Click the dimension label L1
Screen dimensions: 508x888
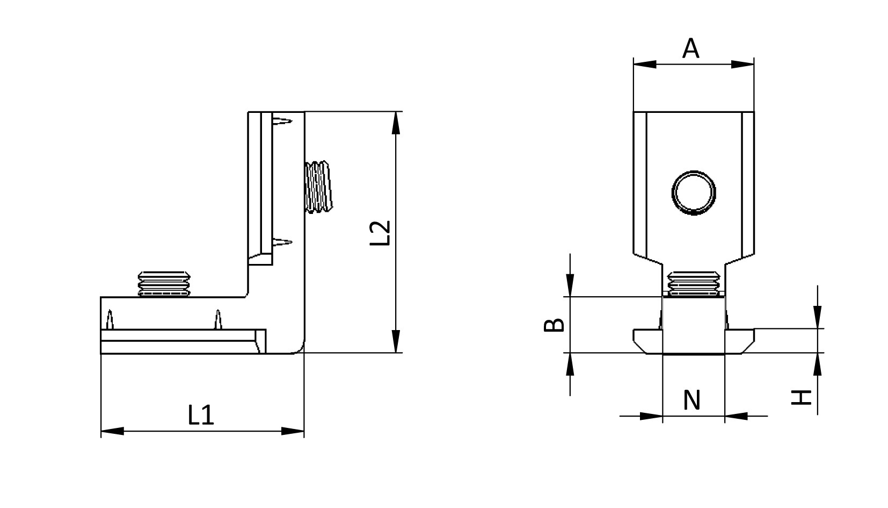pos(201,416)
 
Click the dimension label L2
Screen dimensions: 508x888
pos(380,233)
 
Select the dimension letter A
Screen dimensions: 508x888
pos(691,49)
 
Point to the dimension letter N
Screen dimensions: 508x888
pos(692,400)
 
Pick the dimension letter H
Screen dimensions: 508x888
pos(802,398)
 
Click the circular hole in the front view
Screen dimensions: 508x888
pos(694,193)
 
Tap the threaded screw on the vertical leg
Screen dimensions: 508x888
pos(318,187)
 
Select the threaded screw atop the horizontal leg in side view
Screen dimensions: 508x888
pos(164,283)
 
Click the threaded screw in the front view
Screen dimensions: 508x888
pos(694,283)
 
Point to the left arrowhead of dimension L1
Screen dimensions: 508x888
pos(112,431)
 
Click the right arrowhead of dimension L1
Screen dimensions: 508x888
pos(293,431)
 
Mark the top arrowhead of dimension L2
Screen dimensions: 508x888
pos(396,123)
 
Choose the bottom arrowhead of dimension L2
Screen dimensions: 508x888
pos(396,341)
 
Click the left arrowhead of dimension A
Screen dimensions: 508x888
pos(645,65)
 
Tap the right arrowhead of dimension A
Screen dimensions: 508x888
pos(743,65)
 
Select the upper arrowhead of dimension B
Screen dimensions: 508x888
pos(570,285)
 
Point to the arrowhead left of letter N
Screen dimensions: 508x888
pos(651,416)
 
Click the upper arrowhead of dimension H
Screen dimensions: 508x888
pos(817,317)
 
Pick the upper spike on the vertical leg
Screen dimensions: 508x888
pos(282,121)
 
